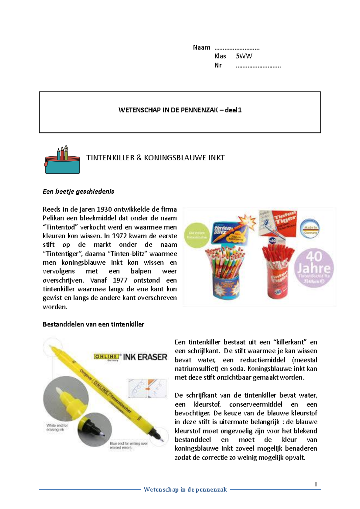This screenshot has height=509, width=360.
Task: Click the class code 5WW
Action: (244, 56)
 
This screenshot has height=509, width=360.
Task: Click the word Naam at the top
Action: (202, 47)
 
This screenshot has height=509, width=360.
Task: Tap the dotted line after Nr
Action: (258, 66)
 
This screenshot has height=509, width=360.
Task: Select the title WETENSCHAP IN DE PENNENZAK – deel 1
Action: (180, 110)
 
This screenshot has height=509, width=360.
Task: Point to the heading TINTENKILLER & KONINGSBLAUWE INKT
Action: (155, 158)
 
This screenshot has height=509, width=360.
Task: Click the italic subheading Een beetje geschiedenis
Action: (78, 192)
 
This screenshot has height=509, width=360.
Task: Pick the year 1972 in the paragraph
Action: (121, 236)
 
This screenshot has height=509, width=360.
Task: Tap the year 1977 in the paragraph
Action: (120, 280)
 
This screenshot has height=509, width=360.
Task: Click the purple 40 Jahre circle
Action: (314, 268)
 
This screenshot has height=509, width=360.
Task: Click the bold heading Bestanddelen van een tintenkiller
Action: (93, 324)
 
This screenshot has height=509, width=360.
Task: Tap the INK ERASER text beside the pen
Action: (145, 357)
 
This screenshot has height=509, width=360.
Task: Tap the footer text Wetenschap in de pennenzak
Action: (185, 490)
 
